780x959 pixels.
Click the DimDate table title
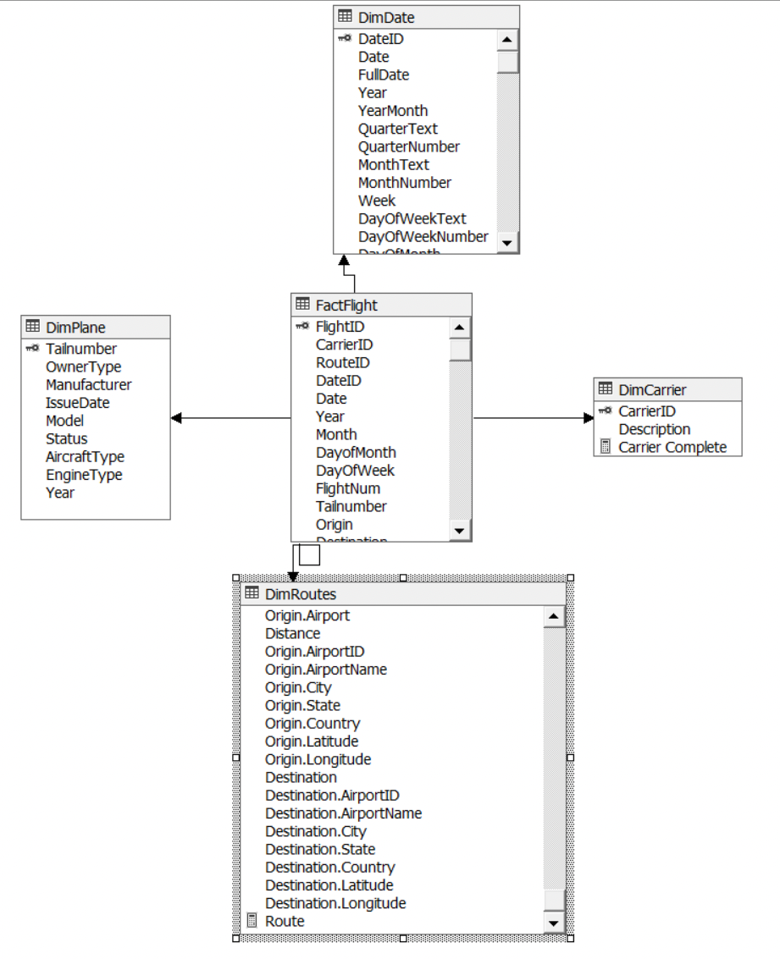(386, 17)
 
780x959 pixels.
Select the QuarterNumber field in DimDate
(408, 147)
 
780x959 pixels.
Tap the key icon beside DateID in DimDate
(344, 39)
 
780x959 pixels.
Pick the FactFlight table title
(346, 306)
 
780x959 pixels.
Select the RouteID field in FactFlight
(342, 363)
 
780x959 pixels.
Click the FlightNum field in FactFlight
(347, 488)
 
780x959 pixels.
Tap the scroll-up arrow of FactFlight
(459, 328)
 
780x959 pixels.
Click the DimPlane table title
(75, 328)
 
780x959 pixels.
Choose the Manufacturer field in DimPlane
(88, 385)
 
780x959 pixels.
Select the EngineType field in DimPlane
(84, 475)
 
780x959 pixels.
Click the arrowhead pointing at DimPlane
(176, 418)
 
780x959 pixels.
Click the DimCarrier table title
(652, 389)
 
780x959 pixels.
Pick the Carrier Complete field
(672, 448)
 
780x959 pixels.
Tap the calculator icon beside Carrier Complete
(605, 447)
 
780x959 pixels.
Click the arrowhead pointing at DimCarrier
(589, 418)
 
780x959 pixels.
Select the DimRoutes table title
(300, 594)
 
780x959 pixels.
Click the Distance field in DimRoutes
(292, 634)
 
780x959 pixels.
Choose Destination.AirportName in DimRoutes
(343, 813)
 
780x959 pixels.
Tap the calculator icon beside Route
(252, 921)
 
